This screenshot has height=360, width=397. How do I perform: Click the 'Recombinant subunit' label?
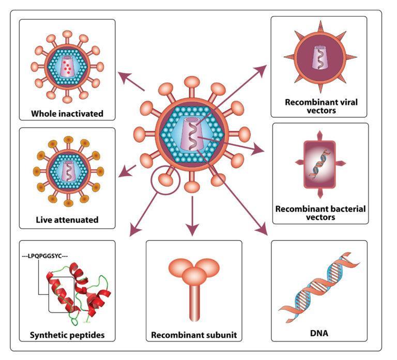194,335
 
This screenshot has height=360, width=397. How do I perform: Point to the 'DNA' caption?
319,335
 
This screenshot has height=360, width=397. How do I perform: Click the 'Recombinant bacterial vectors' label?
320,213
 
